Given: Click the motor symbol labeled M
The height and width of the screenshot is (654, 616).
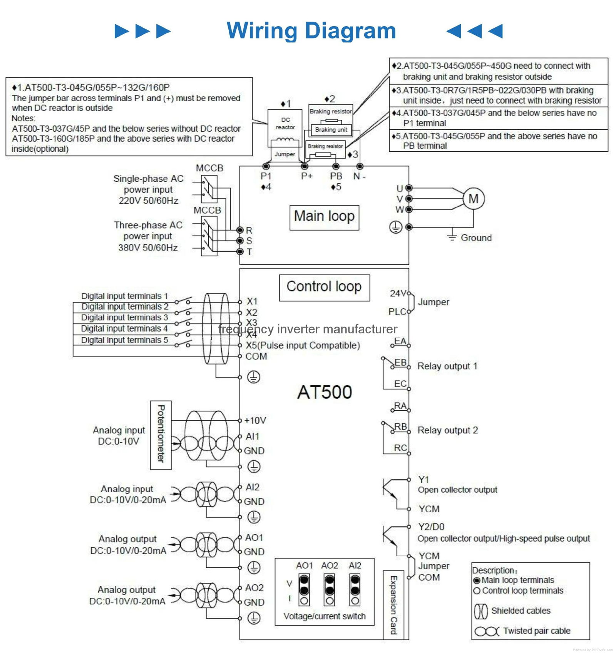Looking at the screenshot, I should click(x=473, y=199).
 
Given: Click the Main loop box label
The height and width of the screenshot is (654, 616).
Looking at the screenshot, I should click(x=324, y=217).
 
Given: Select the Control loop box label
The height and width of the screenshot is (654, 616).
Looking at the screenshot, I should click(x=324, y=287).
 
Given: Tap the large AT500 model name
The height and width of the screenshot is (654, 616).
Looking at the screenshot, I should click(x=325, y=392).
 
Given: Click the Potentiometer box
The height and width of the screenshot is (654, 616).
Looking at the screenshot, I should click(x=161, y=435).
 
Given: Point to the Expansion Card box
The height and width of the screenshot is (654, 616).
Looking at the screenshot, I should click(x=393, y=604).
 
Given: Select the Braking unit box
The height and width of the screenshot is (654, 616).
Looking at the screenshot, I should click(x=331, y=130).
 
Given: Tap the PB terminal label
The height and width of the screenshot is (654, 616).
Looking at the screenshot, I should click(x=336, y=176).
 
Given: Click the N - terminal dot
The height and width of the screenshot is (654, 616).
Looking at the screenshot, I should click(x=360, y=166).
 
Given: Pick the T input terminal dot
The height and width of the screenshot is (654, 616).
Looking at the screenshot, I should click(x=240, y=251).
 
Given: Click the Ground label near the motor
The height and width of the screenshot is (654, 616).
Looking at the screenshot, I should click(x=476, y=238).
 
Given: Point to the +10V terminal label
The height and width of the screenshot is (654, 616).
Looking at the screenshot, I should click(x=255, y=420).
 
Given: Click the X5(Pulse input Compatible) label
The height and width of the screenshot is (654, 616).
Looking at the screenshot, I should click(x=303, y=345).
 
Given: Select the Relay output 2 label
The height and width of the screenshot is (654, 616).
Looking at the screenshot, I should click(x=447, y=430).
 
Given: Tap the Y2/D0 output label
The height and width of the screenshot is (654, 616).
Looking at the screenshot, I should click(x=431, y=527).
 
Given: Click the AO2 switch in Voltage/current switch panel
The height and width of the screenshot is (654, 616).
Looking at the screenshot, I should click(x=329, y=589).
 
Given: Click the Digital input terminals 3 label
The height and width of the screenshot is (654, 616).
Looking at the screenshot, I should click(x=124, y=318).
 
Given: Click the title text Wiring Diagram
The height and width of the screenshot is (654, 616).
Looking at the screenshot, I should click(x=311, y=31).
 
